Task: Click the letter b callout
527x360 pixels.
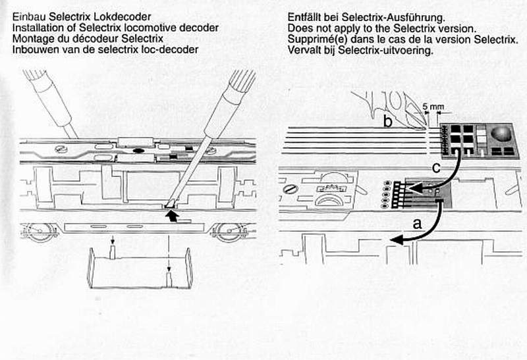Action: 389,121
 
